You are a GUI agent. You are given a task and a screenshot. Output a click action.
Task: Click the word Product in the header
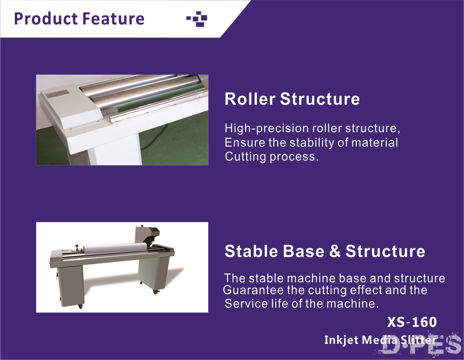click(x=46, y=19)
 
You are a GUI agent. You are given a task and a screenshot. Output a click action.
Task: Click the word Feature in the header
click(x=113, y=18)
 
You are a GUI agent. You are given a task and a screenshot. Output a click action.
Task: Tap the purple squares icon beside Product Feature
click(x=197, y=19)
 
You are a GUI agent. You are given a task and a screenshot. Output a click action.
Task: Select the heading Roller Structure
click(x=292, y=99)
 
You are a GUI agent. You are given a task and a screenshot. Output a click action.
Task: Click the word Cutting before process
click(x=246, y=157)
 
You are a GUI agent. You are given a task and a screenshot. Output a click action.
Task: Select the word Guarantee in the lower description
click(x=253, y=290)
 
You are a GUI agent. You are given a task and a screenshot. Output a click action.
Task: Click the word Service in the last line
click(x=246, y=303)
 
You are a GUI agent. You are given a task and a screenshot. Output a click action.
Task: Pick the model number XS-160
click(x=412, y=322)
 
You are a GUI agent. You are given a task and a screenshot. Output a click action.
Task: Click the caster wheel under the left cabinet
click(x=80, y=307)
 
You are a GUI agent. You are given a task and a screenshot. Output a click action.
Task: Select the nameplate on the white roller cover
click(x=56, y=95)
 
